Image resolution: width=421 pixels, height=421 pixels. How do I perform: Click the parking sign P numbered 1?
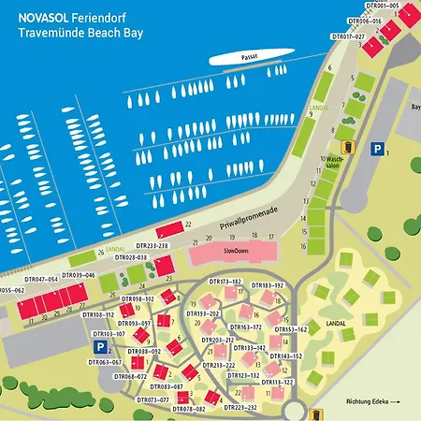click(377, 148)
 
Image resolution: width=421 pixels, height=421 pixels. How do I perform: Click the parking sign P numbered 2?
click(98, 347)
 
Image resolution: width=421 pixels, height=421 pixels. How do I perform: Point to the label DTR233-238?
click(177, 245)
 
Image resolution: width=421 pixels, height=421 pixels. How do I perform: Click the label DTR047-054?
click(41, 279)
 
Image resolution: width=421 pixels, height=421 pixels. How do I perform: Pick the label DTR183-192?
click(267, 284)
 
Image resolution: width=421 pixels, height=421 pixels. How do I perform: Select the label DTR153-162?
click(290, 329)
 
